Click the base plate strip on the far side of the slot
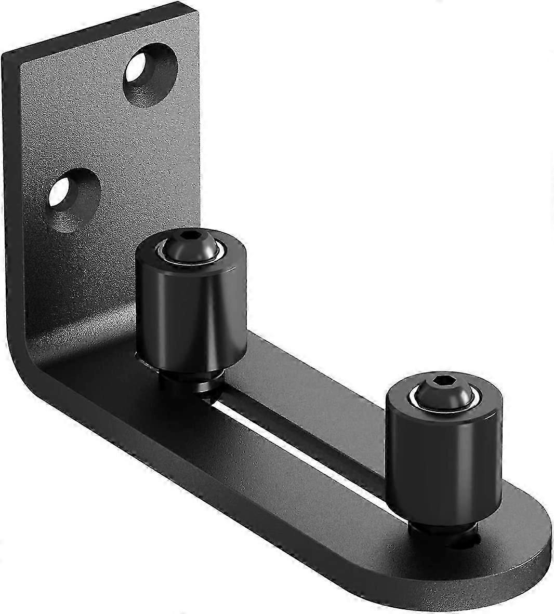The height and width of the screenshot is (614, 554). (x=333, y=374)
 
